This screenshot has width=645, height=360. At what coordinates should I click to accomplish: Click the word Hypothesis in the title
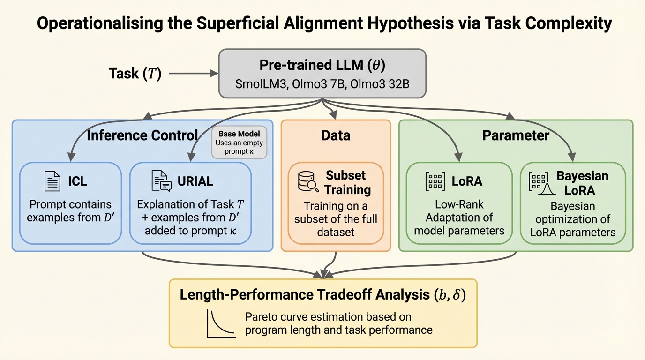[x=410, y=23]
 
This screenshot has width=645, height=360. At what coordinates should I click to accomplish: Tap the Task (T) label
[x=135, y=74]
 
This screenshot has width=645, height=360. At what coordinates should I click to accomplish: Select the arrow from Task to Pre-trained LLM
[x=193, y=74]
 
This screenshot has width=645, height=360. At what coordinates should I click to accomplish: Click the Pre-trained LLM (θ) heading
[x=322, y=65]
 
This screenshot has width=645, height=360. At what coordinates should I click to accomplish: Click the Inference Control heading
[x=142, y=135]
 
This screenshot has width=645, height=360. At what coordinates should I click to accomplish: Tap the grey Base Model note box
[x=239, y=142]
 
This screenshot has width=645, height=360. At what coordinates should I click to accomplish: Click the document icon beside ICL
[x=52, y=181]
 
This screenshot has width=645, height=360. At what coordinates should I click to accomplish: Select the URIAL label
[x=195, y=181]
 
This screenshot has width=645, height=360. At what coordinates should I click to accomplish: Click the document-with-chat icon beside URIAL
[x=162, y=181]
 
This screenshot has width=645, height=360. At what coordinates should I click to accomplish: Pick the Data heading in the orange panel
[x=336, y=135]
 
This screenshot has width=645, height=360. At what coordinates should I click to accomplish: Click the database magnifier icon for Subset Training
[x=308, y=182]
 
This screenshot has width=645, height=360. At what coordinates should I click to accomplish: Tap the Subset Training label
[x=347, y=183]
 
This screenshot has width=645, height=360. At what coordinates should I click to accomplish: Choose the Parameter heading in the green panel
[x=516, y=135]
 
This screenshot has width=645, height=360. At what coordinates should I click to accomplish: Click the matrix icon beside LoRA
[x=435, y=181]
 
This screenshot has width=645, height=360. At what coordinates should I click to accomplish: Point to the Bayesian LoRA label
[x=582, y=183]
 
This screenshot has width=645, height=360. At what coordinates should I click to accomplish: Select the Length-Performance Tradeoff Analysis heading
[x=322, y=295]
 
